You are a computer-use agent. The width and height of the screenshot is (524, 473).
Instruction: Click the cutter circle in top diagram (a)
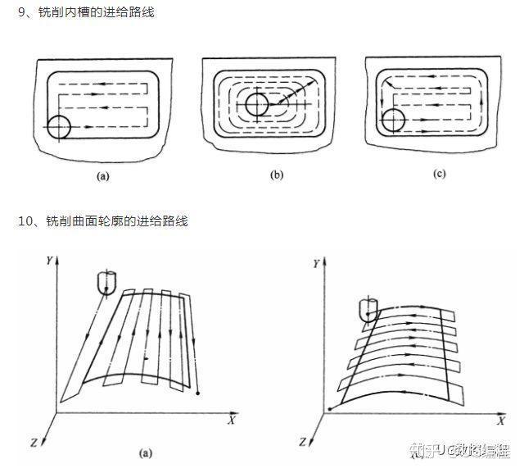[59, 127]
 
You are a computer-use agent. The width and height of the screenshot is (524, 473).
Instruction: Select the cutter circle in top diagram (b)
[256, 105]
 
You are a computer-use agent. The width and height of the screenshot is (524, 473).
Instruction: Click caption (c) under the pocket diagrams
[439, 174]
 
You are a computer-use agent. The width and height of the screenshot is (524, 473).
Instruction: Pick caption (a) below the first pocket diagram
[104, 175]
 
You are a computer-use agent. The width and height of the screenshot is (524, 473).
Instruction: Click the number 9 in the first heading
[21, 13]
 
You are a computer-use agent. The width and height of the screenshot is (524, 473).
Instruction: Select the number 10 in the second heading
[24, 221]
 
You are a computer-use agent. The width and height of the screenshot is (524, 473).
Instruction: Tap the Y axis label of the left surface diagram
[50, 260]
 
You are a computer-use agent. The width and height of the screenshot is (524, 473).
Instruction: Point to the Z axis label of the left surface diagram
[33, 443]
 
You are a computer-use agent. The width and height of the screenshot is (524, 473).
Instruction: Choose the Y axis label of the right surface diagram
[316, 264]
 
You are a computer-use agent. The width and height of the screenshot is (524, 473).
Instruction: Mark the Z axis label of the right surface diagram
[303, 443]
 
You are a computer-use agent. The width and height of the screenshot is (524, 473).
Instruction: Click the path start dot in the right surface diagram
[329, 407]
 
